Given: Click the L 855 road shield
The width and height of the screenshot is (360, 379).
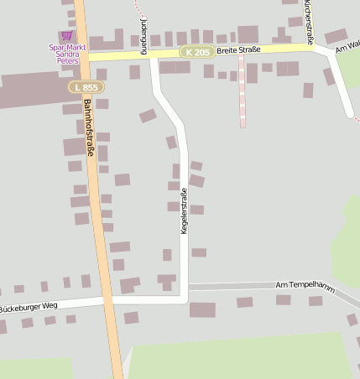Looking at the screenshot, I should [84, 87].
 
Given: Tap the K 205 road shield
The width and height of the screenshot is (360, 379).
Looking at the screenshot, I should [196, 52].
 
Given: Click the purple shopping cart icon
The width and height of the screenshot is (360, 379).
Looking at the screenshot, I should [66, 36].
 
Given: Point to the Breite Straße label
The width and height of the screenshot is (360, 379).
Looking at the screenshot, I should [238, 50].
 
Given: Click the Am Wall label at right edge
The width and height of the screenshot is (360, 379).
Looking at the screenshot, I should [347, 47].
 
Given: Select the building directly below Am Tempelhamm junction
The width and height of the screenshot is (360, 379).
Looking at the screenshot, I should [202, 310].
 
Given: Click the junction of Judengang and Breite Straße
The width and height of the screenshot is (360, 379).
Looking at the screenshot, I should [152, 53].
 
